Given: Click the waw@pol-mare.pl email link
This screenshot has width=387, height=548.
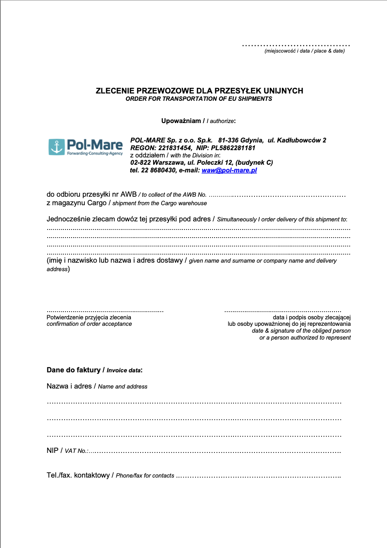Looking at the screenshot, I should pos(229,170).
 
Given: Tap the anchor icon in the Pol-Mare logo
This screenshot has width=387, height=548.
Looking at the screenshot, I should pos(57,147).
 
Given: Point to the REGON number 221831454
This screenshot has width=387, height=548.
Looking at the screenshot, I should pos(175,148).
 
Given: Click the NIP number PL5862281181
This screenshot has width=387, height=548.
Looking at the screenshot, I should pos(233,148).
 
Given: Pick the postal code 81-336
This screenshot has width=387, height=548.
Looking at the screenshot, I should pos(228,140).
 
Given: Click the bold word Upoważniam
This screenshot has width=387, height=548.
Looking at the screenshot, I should pos(181,121).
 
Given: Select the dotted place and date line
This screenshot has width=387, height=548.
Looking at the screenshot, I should pos(296,45).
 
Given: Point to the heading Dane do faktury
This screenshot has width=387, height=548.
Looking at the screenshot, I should pos(74,370).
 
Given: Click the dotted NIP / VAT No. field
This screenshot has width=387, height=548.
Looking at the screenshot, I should pos(215,451).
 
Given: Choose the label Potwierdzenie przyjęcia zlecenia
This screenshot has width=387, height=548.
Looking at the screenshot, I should pos(89,317).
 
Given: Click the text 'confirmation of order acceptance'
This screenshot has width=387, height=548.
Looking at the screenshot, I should pos(89,324).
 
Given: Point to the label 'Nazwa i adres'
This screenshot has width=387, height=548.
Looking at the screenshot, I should pos(69,386).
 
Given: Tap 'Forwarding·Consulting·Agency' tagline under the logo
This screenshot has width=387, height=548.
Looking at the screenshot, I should pos(95,153).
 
